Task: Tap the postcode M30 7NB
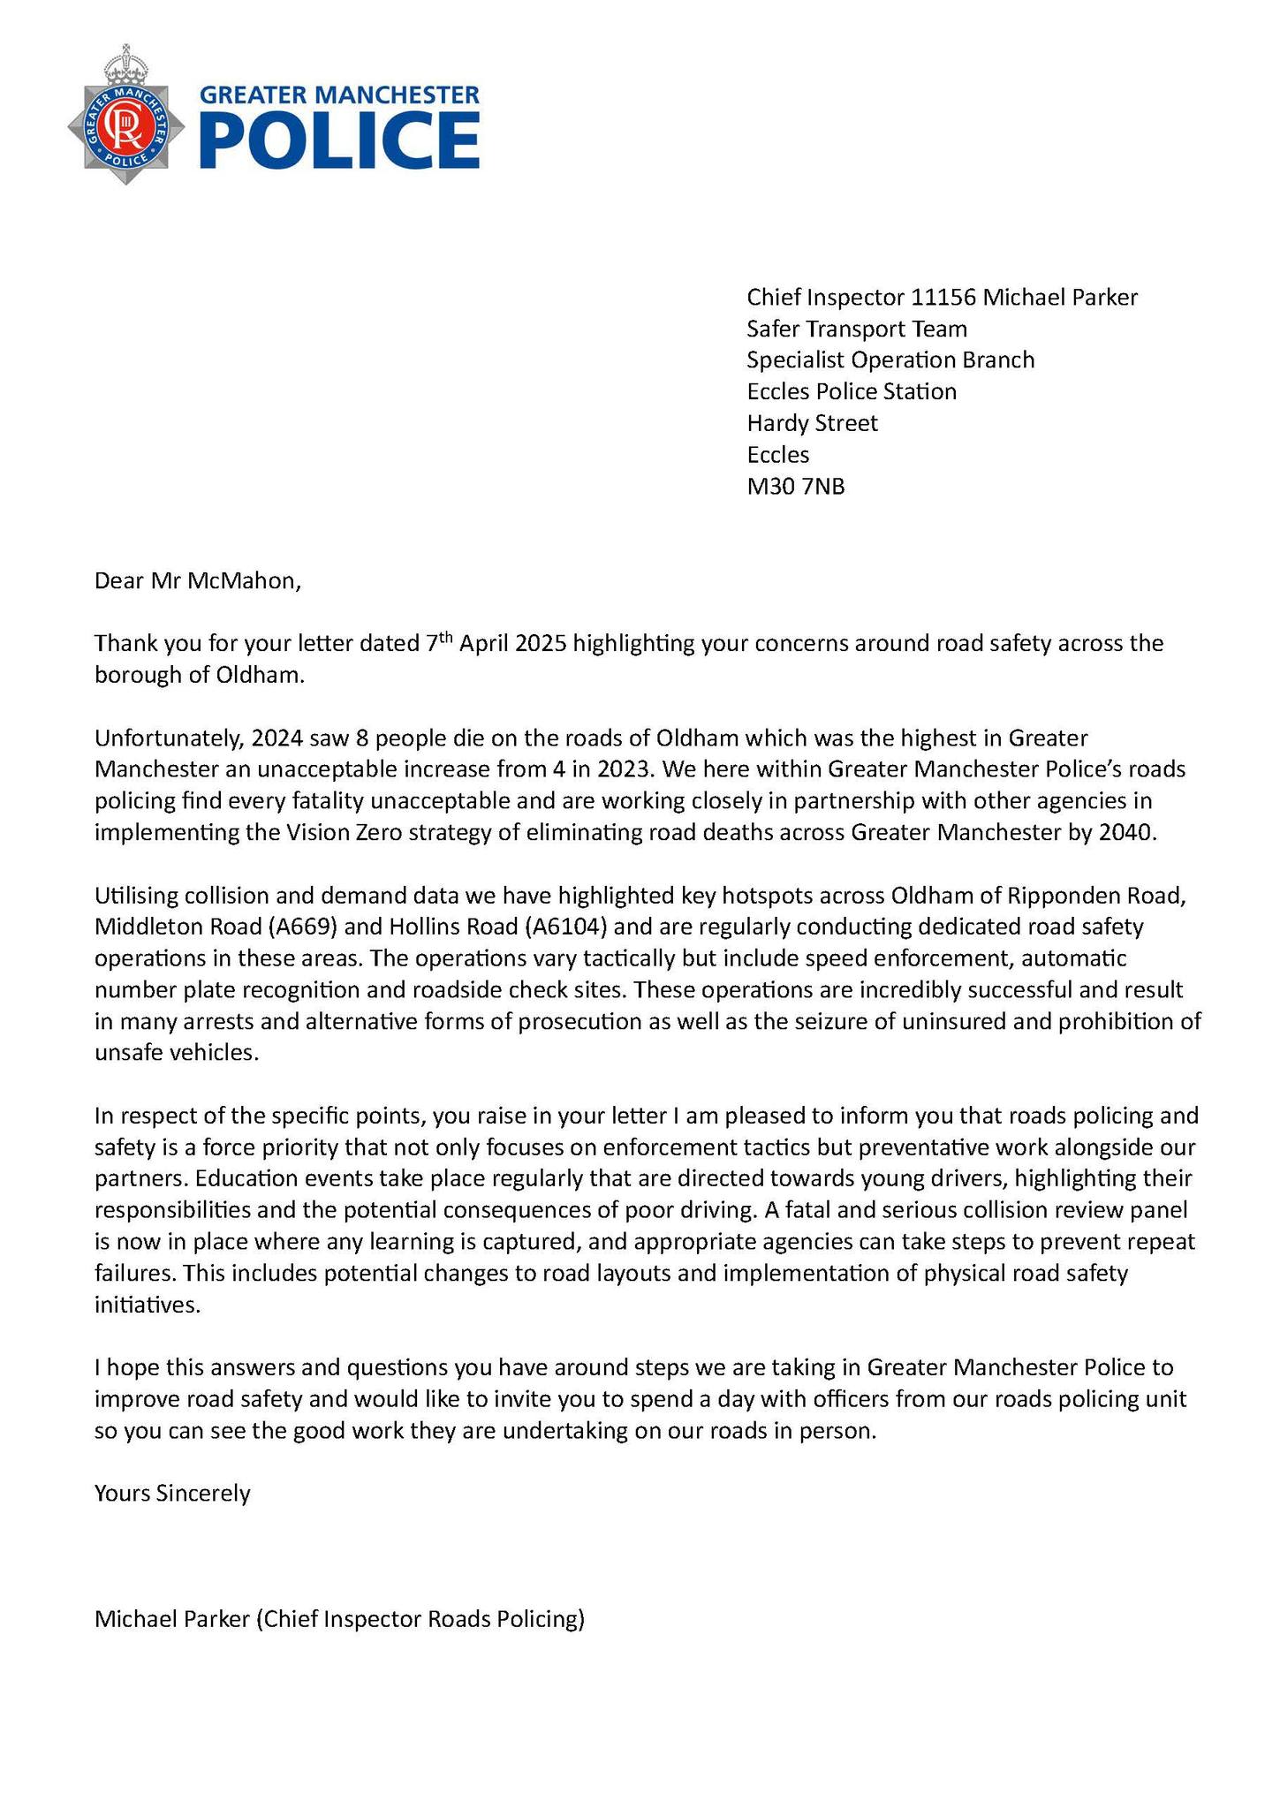796,487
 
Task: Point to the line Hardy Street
812,424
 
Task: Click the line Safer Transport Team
856,329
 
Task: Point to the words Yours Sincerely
172,1494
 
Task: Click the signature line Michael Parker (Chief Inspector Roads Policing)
339,1620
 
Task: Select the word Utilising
136,896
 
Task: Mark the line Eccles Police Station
851,392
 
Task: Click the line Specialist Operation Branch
890,360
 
